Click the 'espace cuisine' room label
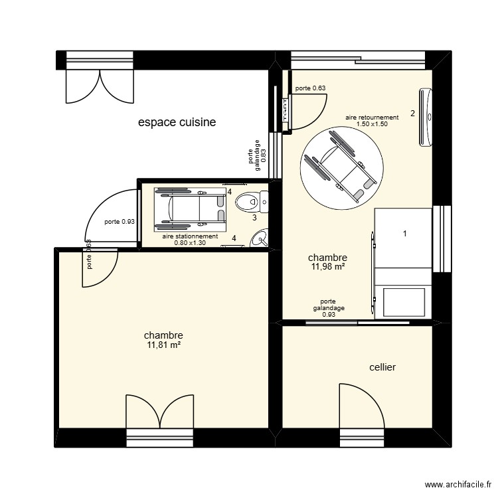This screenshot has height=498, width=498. click(x=177, y=122)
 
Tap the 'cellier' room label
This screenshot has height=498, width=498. click(x=382, y=367)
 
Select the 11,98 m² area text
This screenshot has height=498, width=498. click(x=328, y=267)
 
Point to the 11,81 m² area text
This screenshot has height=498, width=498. click(x=163, y=345)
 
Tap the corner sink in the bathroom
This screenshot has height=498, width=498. click(x=261, y=238)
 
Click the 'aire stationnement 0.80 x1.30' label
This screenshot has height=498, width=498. click(x=191, y=239)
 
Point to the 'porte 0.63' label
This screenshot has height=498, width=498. click(x=310, y=88)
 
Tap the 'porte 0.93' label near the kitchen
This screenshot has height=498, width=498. click(x=120, y=222)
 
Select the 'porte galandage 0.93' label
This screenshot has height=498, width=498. click(x=329, y=308)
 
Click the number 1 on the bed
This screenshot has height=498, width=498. click(x=404, y=233)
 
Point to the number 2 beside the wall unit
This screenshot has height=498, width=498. click(x=412, y=113)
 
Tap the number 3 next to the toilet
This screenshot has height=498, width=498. click(x=254, y=217)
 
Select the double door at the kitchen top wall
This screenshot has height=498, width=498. click(x=100, y=86)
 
